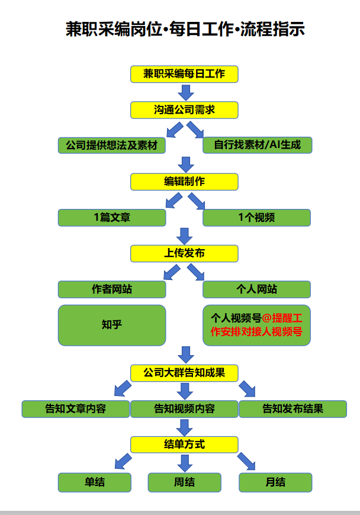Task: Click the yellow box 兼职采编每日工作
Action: click(x=184, y=74)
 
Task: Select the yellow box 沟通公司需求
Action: click(x=184, y=110)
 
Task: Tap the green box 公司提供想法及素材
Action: click(x=111, y=145)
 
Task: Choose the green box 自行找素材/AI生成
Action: click(x=257, y=145)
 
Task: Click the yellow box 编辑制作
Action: click(x=184, y=182)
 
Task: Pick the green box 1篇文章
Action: click(x=111, y=217)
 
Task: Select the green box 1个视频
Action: click(x=257, y=217)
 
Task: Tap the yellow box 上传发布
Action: click(x=184, y=253)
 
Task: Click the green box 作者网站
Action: click(x=111, y=289)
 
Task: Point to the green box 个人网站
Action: click(x=257, y=289)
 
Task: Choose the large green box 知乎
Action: click(x=111, y=325)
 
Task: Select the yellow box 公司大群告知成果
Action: click(x=184, y=372)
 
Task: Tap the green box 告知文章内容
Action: click(x=75, y=408)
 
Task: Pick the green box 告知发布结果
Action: click(x=293, y=408)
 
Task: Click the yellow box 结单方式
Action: click(x=184, y=444)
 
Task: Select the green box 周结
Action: click(x=184, y=482)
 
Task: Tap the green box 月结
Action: click(x=275, y=482)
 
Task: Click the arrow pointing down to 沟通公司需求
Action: click(x=186, y=92)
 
